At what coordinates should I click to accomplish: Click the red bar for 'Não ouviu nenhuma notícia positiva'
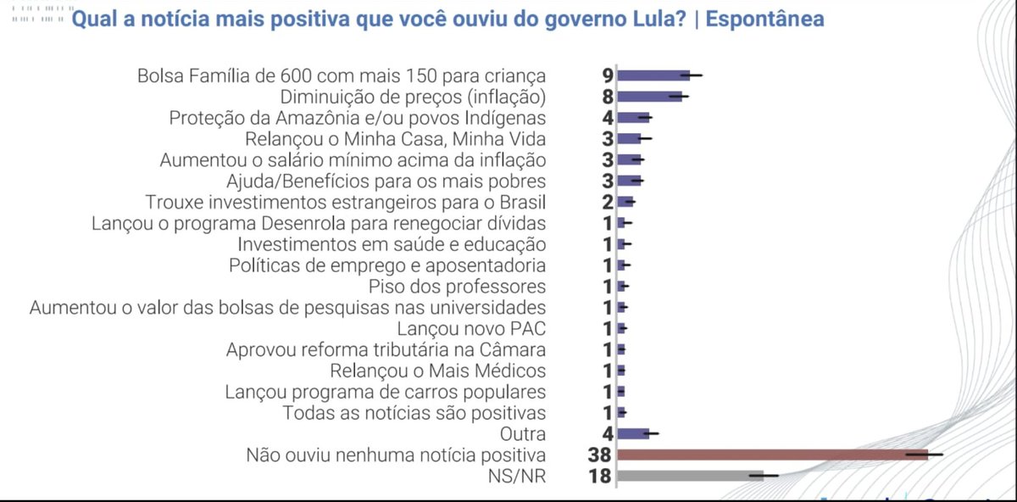(x=771, y=455)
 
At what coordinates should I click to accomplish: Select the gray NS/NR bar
(x=690, y=476)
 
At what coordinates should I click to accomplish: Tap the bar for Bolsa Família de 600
(x=653, y=75)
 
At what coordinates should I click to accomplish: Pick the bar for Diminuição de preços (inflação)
(x=649, y=97)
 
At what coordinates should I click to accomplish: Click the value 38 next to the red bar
(x=599, y=455)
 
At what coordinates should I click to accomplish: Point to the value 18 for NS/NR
(x=600, y=477)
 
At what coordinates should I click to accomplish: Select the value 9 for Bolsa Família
(x=608, y=75)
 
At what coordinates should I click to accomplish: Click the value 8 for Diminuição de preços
(x=608, y=97)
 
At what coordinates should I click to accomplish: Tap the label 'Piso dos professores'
(x=458, y=287)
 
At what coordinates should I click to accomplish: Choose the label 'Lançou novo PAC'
(x=471, y=328)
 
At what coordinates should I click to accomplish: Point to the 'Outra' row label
(x=523, y=434)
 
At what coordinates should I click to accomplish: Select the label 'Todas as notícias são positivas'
(x=414, y=413)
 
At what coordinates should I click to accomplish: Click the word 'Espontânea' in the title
(x=765, y=19)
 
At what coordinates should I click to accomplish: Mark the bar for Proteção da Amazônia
(x=633, y=118)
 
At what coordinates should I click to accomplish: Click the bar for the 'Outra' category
(x=632, y=434)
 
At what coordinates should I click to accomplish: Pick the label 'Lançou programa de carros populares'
(x=386, y=392)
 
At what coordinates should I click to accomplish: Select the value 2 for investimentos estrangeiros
(x=608, y=202)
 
